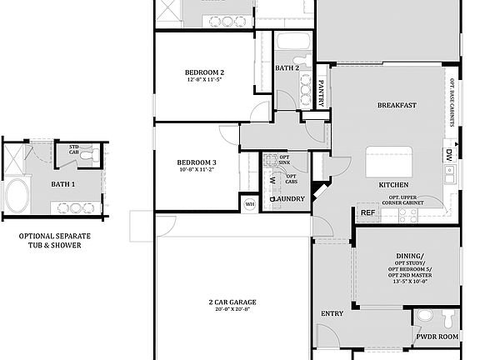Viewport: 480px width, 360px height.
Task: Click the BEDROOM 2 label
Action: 204,72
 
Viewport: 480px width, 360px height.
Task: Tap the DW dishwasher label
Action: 448,154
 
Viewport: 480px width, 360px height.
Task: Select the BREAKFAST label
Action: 397,105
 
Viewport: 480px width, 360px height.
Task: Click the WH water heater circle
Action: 249,202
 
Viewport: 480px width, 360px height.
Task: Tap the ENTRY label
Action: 332,313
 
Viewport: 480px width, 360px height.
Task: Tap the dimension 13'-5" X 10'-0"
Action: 408,281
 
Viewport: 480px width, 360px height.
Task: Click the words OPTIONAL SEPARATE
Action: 55,236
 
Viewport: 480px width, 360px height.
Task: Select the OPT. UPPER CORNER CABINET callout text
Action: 413,201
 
